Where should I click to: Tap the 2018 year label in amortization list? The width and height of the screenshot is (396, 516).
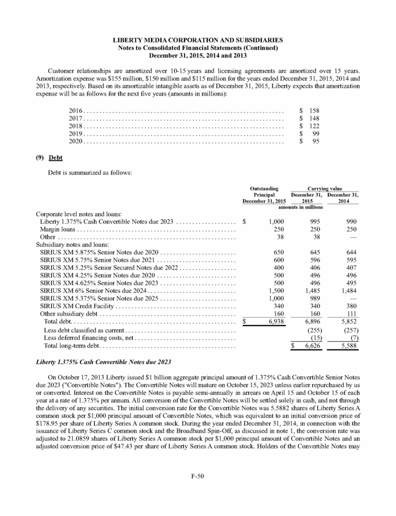click(x=76, y=126)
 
